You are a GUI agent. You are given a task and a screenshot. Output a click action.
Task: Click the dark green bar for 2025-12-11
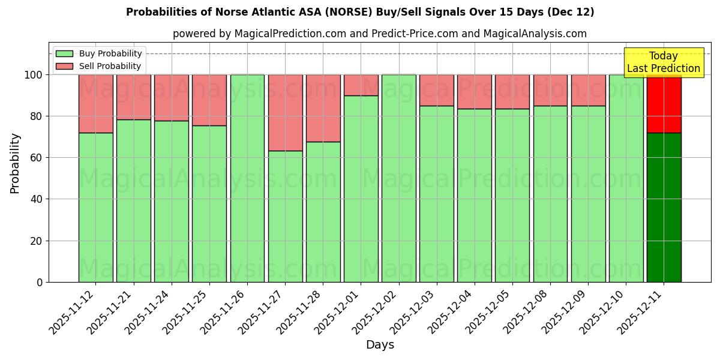pos(664,207)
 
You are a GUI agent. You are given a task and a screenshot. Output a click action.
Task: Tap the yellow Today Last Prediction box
pos(664,62)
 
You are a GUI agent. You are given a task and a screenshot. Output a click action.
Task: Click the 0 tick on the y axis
pos(40,282)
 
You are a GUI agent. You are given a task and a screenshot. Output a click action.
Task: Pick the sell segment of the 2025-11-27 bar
pos(285,112)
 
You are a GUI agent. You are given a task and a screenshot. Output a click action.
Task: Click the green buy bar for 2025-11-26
pos(247,178)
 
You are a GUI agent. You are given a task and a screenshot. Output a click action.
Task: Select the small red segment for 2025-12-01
pos(361,85)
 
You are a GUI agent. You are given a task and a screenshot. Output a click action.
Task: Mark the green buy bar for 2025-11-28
pos(323,212)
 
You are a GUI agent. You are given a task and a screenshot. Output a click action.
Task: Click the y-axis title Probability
pos(15,163)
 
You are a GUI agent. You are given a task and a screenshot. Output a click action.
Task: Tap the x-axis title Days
pos(380,345)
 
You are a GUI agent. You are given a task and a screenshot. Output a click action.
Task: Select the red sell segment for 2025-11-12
pos(95,103)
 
